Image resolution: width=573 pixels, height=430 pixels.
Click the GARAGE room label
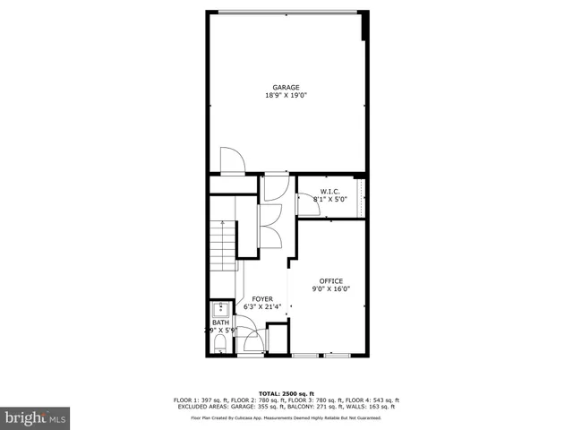coord(286,87)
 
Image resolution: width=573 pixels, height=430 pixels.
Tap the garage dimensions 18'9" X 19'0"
coord(286,95)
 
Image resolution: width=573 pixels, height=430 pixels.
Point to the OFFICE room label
coord(330,280)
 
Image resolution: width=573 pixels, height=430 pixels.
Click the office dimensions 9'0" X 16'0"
coord(330,289)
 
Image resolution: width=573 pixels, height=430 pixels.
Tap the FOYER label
coord(262,298)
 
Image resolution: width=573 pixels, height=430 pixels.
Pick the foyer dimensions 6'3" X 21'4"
coord(262,306)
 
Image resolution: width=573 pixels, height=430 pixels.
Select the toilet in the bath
coord(220,342)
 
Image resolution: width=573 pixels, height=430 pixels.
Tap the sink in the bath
coord(220,311)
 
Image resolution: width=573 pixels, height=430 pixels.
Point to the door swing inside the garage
coord(231,158)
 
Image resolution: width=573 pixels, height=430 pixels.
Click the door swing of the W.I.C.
coord(306,205)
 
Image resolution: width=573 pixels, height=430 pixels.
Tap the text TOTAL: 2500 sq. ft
coord(286,394)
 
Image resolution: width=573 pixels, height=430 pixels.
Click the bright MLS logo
coord(35,417)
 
